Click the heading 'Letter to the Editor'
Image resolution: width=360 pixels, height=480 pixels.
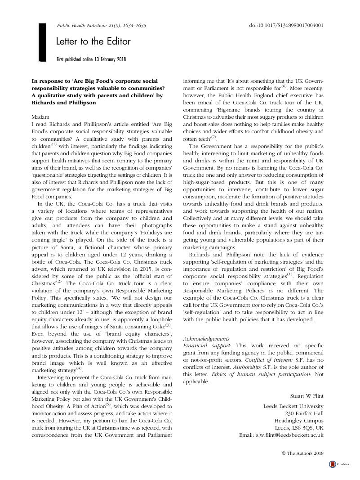point(93,42)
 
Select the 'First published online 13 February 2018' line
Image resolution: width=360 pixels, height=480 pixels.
point(91,59)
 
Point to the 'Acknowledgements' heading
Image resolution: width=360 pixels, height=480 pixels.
point(207,339)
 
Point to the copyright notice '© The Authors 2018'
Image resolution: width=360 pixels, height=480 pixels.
point(302,453)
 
